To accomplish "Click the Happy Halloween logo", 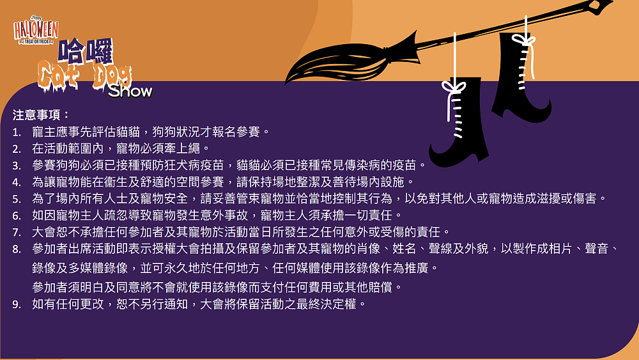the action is tap(36, 31).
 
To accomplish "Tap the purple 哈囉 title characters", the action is tap(85, 51).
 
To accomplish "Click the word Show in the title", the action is tap(130, 91).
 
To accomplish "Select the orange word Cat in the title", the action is tap(58, 76).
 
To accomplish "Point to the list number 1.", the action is tap(17, 132).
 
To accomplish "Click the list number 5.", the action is tap(17, 200).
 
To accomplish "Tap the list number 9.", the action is tap(17, 304).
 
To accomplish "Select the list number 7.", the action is tap(17, 233).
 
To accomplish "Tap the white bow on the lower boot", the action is tap(453, 87).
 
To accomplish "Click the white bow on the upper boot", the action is tap(524, 40).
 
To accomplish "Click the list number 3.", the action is tap(17, 166).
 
